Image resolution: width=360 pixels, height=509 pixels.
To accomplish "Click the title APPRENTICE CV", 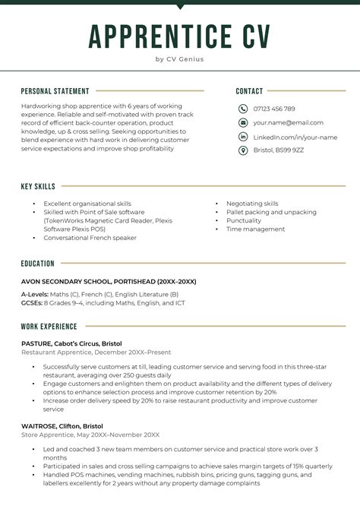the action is [179, 36].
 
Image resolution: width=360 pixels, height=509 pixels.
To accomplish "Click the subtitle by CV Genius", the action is [179, 58].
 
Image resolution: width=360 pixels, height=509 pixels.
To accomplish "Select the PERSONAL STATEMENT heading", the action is [55, 91].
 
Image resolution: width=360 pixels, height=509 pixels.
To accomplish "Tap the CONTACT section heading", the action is [249, 91].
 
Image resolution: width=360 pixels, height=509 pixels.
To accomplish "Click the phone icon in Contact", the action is [243, 109].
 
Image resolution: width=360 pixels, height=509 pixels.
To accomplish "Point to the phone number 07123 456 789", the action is [274, 109].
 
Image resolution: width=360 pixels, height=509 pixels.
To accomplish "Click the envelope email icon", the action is [243, 122].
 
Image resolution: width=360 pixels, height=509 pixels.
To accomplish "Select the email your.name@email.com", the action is [288, 122].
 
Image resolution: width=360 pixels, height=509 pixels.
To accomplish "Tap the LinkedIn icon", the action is [243, 137].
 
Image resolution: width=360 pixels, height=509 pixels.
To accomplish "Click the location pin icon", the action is [243, 150].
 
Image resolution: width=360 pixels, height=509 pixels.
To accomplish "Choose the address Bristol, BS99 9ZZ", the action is [279, 150].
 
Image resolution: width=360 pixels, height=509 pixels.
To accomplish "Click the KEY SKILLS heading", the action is [38, 186].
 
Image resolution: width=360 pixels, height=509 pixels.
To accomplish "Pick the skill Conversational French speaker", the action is [90, 238].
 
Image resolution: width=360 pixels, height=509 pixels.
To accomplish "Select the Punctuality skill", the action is [244, 220].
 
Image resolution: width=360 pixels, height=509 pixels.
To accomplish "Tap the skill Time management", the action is [255, 229].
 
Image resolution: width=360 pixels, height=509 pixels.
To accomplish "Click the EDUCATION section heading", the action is [38, 264].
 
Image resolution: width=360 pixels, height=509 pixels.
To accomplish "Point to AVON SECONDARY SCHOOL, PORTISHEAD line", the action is [109, 281].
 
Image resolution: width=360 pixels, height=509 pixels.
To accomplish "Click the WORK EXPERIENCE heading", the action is [49, 327].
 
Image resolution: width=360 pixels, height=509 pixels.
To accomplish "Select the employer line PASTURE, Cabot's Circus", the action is [71, 343].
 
